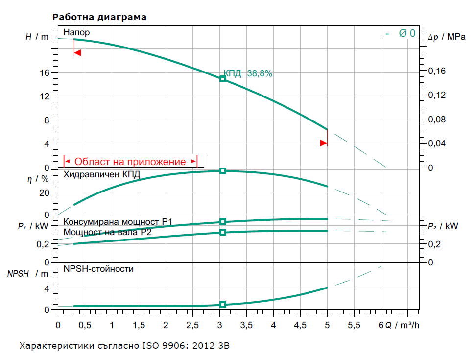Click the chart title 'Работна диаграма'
point(99,17)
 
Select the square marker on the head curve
point(223,79)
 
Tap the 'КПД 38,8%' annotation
point(248,74)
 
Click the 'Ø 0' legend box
point(401,33)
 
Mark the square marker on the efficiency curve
point(223,171)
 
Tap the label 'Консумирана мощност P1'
point(118,222)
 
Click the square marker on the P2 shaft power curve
point(223,232)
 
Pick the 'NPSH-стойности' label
point(98,269)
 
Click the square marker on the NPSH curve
point(223,304)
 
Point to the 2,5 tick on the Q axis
point(192,325)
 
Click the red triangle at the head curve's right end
point(323,143)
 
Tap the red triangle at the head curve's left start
point(77,52)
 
